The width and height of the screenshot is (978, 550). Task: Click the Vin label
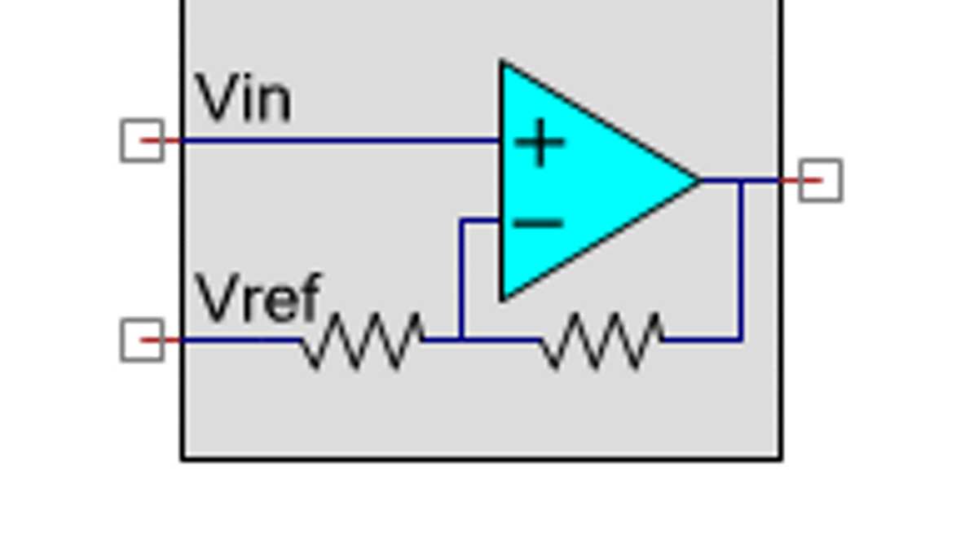243,99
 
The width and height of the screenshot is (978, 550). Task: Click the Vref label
258,298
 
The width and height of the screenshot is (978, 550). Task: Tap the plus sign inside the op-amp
540,143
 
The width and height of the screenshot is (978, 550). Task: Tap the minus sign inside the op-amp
539,222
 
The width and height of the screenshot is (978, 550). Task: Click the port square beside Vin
142,140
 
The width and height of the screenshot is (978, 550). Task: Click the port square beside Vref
142,340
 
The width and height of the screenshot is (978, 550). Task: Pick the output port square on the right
820,180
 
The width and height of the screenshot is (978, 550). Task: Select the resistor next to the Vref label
362,340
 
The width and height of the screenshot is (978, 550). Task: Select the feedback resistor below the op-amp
601,340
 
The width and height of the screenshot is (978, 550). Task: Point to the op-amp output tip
698,180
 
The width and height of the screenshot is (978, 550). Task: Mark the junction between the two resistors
461,339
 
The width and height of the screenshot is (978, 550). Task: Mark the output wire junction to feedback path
742,181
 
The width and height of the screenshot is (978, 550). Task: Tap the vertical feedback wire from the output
742,261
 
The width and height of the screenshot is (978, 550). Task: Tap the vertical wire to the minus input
461,277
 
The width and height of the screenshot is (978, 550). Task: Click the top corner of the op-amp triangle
503,64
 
